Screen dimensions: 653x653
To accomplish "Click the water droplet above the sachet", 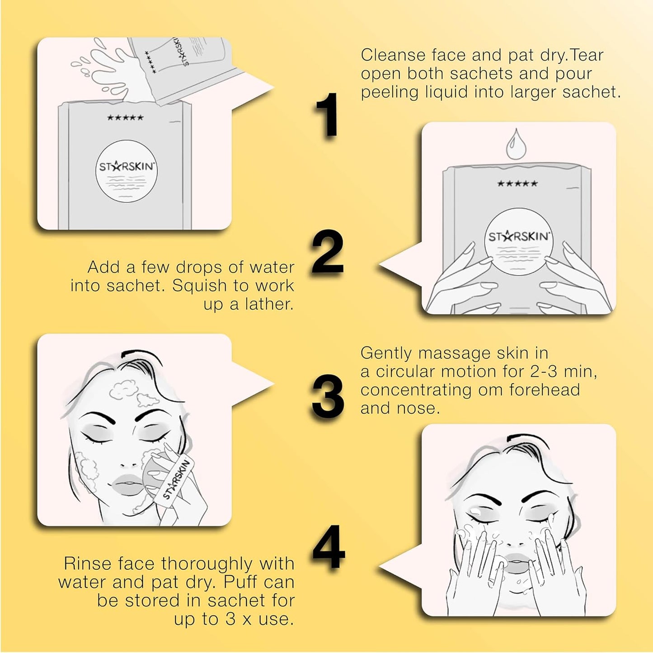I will pos(515,145).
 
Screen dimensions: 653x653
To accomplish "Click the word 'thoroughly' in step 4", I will pos(207,564).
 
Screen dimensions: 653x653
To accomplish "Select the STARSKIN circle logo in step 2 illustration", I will pos(518,241).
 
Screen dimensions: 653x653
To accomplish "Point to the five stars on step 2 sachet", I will pos(517,183).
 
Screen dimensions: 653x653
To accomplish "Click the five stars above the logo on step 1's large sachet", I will pos(125,118).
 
